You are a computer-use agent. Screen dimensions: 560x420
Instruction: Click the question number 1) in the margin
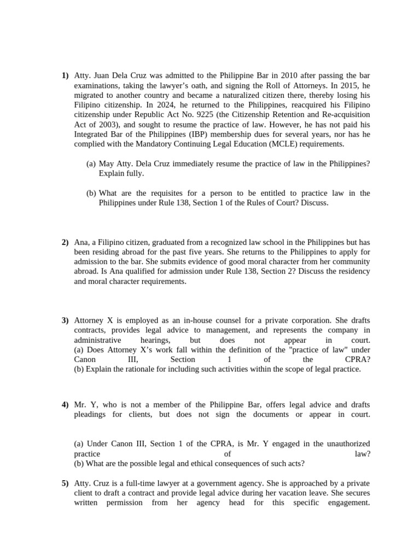65,75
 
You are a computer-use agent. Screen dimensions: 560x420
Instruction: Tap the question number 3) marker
65,320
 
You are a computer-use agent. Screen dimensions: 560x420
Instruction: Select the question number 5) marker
65,483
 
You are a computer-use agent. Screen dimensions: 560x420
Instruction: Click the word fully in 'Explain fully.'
134,173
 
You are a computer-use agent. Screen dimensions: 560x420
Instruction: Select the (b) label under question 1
91,193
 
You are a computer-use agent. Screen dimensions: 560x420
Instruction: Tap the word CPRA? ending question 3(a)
358,359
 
